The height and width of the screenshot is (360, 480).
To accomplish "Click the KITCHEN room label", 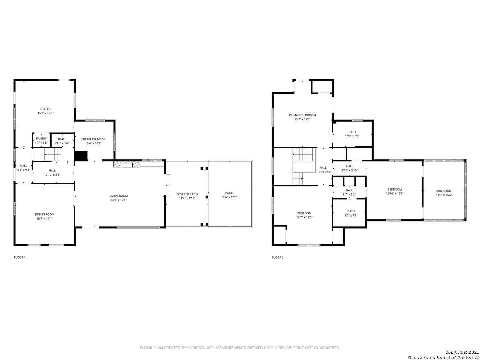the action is [x=45, y=109].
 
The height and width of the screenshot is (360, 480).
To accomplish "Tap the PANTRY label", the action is [x=41, y=138].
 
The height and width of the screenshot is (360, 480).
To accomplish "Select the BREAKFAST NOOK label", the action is [x=93, y=139].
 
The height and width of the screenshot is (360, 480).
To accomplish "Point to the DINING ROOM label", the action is [x=44, y=214].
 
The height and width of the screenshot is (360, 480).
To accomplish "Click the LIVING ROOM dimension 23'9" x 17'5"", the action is [x=118, y=200].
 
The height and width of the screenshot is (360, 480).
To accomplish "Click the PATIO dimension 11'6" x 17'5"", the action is [x=229, y=197].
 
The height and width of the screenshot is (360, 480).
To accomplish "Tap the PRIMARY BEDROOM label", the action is [x=302, y=115].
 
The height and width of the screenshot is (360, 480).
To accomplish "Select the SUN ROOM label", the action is [x=443, y=191].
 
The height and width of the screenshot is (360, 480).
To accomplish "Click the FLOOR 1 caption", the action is [x=20, y=257].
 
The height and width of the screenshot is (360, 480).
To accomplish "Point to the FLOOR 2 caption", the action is [x=278, y=257].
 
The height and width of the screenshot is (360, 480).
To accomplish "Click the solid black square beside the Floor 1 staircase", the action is [x=81, y=156].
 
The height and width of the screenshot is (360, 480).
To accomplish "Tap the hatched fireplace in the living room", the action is [x=127, y=164].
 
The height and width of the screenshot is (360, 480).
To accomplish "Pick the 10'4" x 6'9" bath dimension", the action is [x=352, y=136].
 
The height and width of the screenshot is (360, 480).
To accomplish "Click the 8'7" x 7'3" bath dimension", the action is [x=351, y=215].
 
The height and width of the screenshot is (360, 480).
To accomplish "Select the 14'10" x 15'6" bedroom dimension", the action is [x=394, y=193].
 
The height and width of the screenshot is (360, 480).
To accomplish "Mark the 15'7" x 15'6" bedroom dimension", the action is [x=304, y=217].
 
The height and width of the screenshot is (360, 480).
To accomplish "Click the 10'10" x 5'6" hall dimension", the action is [x=52, y=174].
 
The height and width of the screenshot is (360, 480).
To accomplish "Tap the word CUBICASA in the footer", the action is [x=196, y=348].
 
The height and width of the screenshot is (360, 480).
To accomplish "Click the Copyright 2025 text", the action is [x=462, y=352].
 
